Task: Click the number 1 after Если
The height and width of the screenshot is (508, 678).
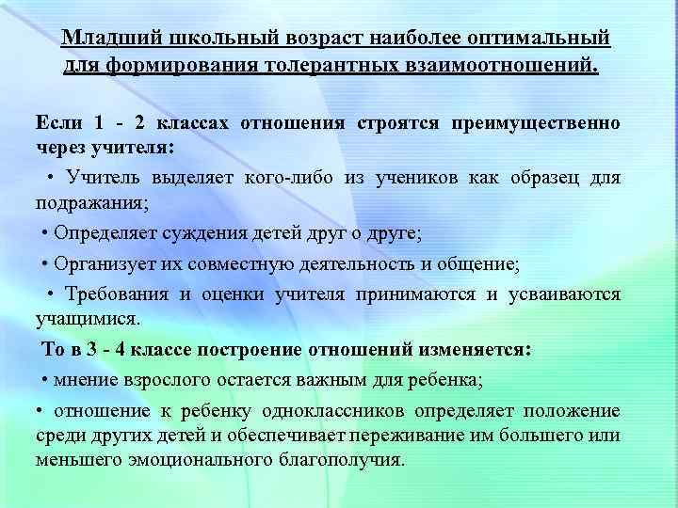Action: [99, 123]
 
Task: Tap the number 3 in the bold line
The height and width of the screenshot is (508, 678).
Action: [91, 349]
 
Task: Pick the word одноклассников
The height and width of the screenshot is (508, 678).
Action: [353, 411]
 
